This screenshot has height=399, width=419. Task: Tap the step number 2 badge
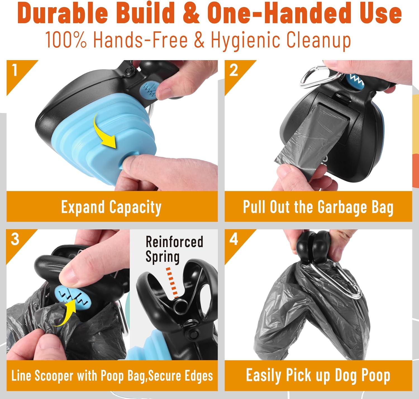point(234,70)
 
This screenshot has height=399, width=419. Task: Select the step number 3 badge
point(15,239)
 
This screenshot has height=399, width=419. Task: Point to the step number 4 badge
point(234,239)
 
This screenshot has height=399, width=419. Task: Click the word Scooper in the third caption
point(54,376)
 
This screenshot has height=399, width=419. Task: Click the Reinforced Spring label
point(174,249)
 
